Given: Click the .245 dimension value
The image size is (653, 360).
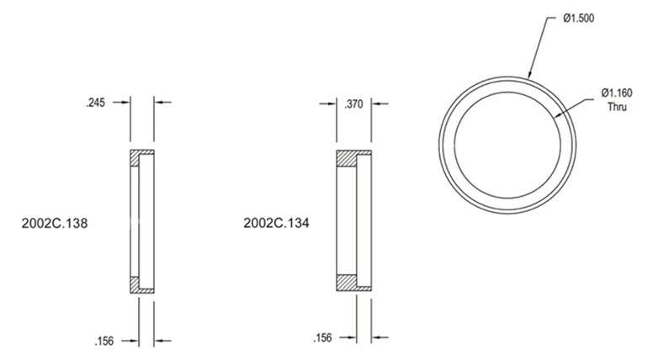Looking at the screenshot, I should (95, 103).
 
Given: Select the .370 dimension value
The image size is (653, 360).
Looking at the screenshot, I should (353, 104).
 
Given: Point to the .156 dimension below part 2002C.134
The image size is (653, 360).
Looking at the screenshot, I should (321, 338).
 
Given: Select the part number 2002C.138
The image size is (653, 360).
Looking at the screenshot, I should (54, 225).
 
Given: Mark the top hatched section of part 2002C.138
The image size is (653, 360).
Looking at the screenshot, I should (141, 157).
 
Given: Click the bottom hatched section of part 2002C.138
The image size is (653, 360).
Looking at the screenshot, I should (141, 286).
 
